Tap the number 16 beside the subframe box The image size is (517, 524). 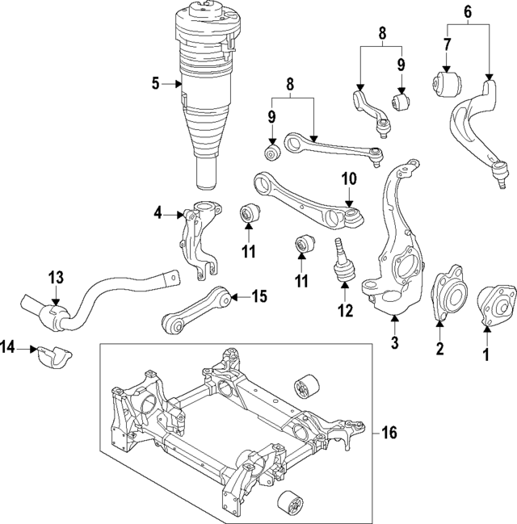(389, 433)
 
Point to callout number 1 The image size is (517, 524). (486, 353)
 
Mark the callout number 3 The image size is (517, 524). (394, 343)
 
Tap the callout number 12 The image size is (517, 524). (345, 310)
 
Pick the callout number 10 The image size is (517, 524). (348, 178)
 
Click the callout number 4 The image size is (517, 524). (159, 213)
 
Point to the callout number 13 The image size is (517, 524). (55, 278)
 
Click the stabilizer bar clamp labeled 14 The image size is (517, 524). (53, 354)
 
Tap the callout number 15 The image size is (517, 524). (258, 296)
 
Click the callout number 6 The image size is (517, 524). (467, 11)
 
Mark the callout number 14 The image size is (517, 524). (9, 348)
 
